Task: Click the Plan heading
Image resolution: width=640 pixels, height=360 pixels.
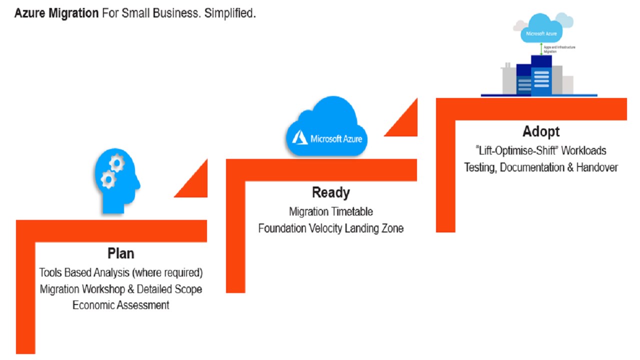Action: (121, 253)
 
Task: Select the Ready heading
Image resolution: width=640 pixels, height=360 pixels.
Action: (330, 192)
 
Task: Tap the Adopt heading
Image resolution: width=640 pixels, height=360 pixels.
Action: (541, 132)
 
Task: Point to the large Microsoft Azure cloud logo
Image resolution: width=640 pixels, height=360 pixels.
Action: (326, 127)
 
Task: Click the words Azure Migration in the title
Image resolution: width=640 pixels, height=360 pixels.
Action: (56, 13)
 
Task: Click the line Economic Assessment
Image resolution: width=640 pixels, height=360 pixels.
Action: (121, 305)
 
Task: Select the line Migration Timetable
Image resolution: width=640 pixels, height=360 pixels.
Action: (330, 212)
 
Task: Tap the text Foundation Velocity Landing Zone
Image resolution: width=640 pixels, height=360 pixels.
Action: (330, 228)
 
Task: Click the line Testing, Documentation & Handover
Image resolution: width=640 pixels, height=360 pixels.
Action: (541, 167)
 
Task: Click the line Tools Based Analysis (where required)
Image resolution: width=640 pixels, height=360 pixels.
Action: (121, 273)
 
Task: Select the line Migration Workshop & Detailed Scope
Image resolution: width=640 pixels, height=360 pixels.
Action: (121, 289)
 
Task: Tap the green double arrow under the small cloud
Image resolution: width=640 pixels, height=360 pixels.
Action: (541, 48)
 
